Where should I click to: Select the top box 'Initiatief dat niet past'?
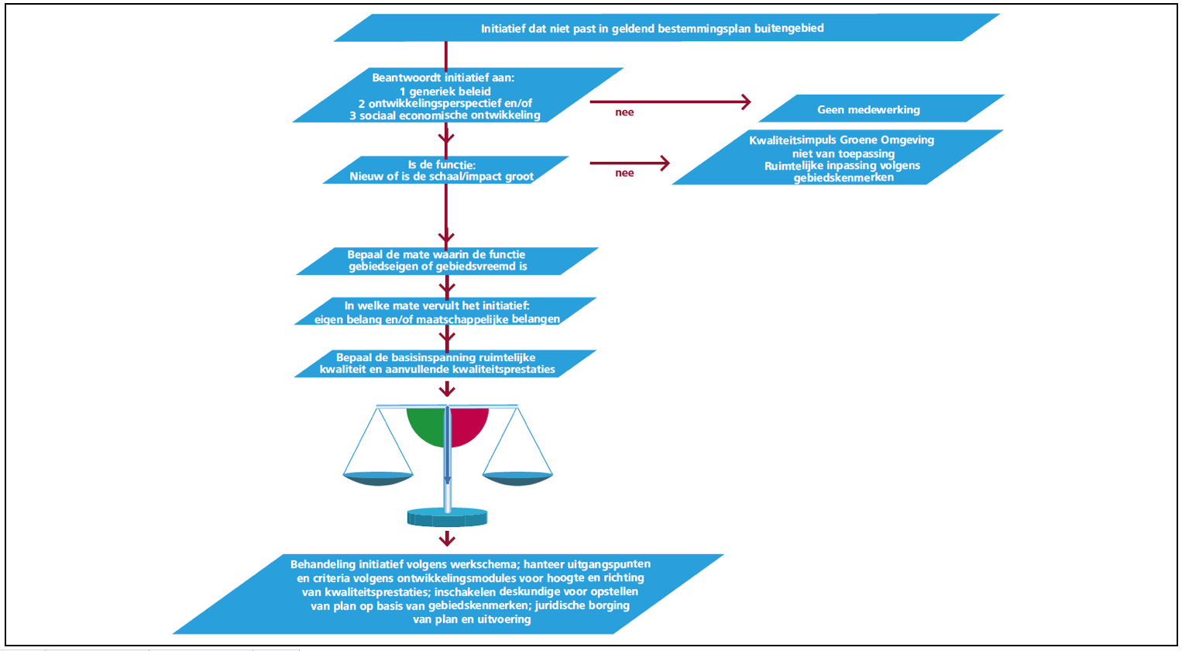(651, 29)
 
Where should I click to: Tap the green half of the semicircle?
(427, 424)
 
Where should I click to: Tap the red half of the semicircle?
(468, 424)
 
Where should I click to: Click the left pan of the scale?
(378, 478)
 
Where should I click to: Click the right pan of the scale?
(517, 478)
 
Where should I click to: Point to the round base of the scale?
(447, 517)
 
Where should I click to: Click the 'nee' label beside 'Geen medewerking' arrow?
(624, 112)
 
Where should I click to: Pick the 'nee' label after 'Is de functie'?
(624, 173)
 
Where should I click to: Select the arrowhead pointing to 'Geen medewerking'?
(746, 102)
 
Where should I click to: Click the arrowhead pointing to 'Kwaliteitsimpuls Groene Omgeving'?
(663, 163)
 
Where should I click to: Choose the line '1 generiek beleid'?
(445, 91)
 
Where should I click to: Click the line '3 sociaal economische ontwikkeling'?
(445, 115)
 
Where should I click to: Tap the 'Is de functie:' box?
(445, 170)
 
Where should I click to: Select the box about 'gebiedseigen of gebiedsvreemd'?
(446, 260)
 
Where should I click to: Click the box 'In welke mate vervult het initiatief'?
(445, 312)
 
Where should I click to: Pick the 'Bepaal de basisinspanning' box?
(445, 363)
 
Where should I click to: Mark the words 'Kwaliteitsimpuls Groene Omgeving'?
(841, 140)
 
